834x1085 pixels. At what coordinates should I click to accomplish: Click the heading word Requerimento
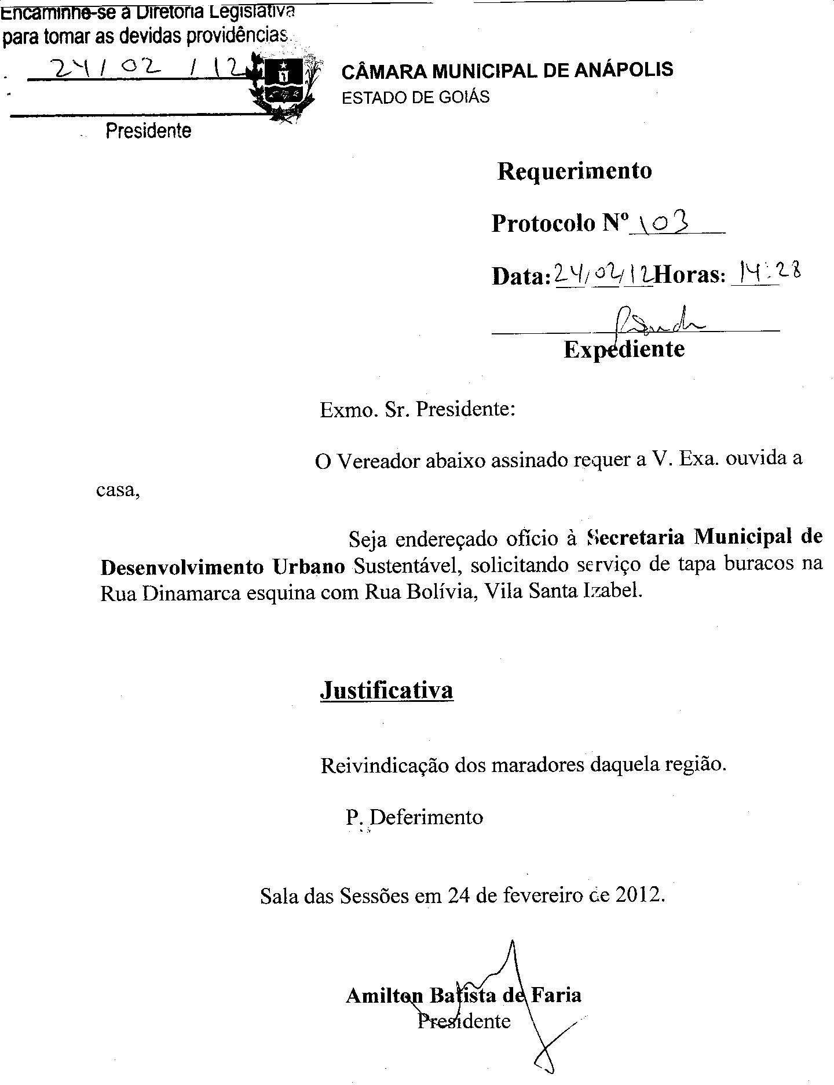coord(575,171)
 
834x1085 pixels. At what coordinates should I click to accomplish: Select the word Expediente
coord(624,349)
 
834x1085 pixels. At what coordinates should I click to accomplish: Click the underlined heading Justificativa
coord(386,690)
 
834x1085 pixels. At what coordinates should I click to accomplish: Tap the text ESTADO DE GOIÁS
coord(415,97)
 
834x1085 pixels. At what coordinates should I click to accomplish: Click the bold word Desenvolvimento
coord(182,567)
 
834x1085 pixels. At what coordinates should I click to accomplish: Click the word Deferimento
coord(426,817)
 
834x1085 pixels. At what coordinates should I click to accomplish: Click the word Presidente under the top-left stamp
coord(148,131)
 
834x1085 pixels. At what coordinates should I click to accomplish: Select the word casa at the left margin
coord(116,490)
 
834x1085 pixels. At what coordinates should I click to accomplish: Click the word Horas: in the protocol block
coord(690,275)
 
